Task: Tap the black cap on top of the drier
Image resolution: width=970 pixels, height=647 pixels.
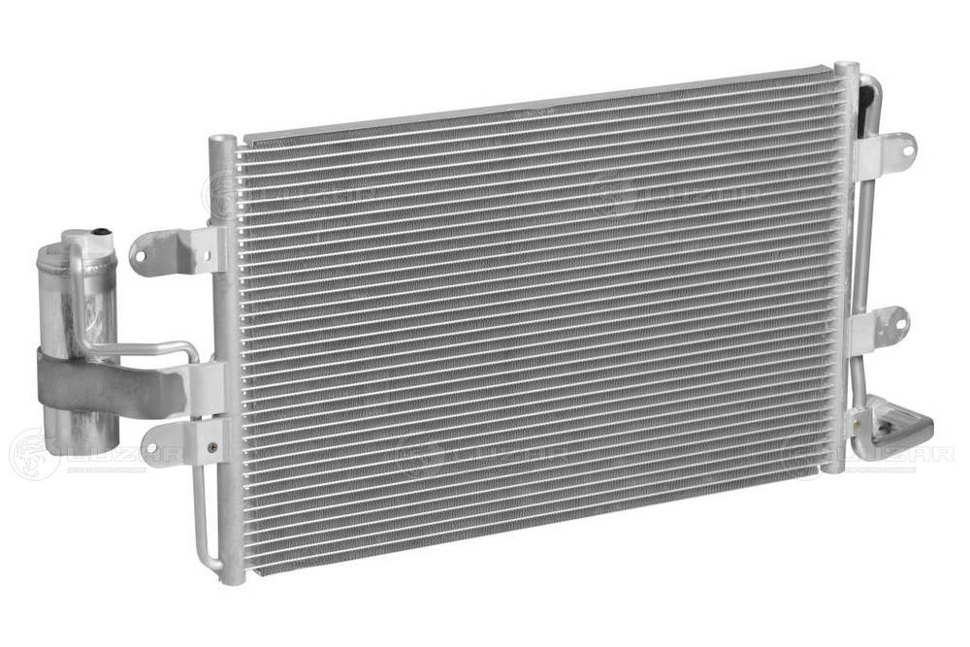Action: pos(99,231)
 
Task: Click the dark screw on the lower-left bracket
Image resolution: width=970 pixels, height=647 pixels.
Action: pos(210,447)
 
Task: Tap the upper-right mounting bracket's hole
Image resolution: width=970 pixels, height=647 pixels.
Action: pos(907,149)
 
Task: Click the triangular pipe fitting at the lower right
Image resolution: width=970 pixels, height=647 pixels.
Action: pos(897,425)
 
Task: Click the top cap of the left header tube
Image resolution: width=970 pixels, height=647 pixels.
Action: pos(222,141)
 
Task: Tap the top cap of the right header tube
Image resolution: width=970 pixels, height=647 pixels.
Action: pos(846,68)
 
